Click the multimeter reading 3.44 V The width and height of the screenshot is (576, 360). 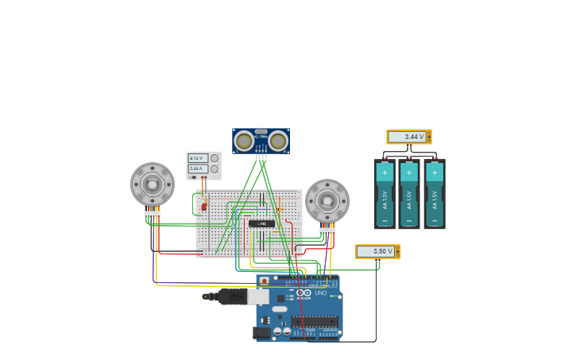408,137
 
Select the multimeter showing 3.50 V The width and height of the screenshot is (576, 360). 377,251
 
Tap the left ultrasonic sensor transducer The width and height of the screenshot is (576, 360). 245,141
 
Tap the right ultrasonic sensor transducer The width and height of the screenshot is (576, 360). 277,141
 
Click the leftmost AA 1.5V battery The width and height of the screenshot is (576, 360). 385,195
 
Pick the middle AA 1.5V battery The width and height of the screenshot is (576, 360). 409,195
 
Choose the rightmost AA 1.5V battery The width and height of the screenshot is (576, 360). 434,195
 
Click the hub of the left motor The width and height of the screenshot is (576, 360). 152,184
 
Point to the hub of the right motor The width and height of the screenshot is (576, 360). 327,200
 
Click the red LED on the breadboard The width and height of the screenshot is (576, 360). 204,207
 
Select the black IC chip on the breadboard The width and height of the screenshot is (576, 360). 261,223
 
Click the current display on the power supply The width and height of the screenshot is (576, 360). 198,168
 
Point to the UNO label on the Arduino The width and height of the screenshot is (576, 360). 320,293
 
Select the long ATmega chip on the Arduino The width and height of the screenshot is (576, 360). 314,322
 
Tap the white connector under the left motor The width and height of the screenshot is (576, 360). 152,214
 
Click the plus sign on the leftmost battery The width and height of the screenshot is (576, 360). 385,172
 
